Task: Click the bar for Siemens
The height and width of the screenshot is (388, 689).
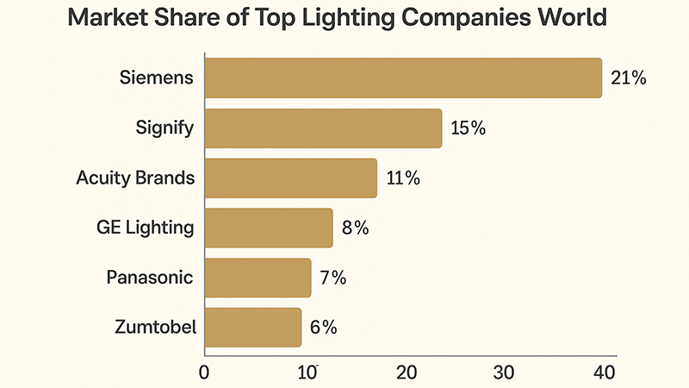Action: pos(403,78)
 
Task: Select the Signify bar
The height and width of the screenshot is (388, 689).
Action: pos(323,128)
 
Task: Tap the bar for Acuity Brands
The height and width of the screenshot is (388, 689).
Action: pos(291,178)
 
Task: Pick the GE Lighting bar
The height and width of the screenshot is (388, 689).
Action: pos(269,228)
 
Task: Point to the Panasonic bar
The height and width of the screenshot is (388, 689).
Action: pos(258,278)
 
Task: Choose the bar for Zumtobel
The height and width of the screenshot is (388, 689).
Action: pos(253,327)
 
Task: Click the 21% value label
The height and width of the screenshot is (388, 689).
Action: pos(628,78)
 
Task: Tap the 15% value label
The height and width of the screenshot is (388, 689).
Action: pos(469,128)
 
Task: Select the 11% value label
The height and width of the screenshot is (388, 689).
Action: pos(403,178)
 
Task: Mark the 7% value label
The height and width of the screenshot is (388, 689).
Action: pos(332,278)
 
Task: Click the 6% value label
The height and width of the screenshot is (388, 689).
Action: pos(323,327)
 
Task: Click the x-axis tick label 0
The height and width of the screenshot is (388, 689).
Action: pos(204,372)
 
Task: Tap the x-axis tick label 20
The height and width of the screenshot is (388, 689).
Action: pos(407,372)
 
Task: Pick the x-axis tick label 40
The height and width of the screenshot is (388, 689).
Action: pos(604,372)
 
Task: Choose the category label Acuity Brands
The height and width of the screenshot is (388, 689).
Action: pos(135,178)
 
